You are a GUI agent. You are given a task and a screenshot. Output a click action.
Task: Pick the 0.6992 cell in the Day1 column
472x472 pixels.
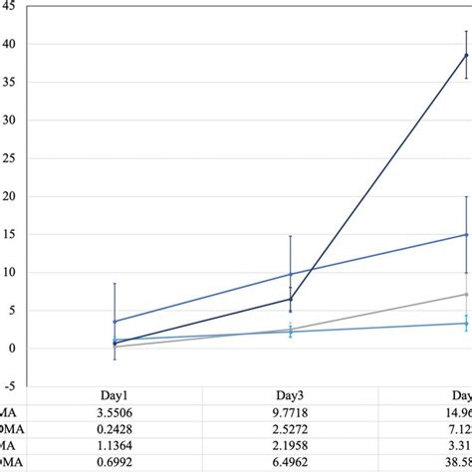click(x=115, y=465)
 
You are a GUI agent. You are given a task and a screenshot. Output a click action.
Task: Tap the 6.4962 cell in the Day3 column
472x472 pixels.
click(x=290, y=465)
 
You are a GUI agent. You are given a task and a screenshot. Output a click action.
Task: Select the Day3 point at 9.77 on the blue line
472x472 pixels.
click(x=290, y=274)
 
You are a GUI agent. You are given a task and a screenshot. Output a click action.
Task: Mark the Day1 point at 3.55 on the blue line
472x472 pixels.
click(x=115, y=322)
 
